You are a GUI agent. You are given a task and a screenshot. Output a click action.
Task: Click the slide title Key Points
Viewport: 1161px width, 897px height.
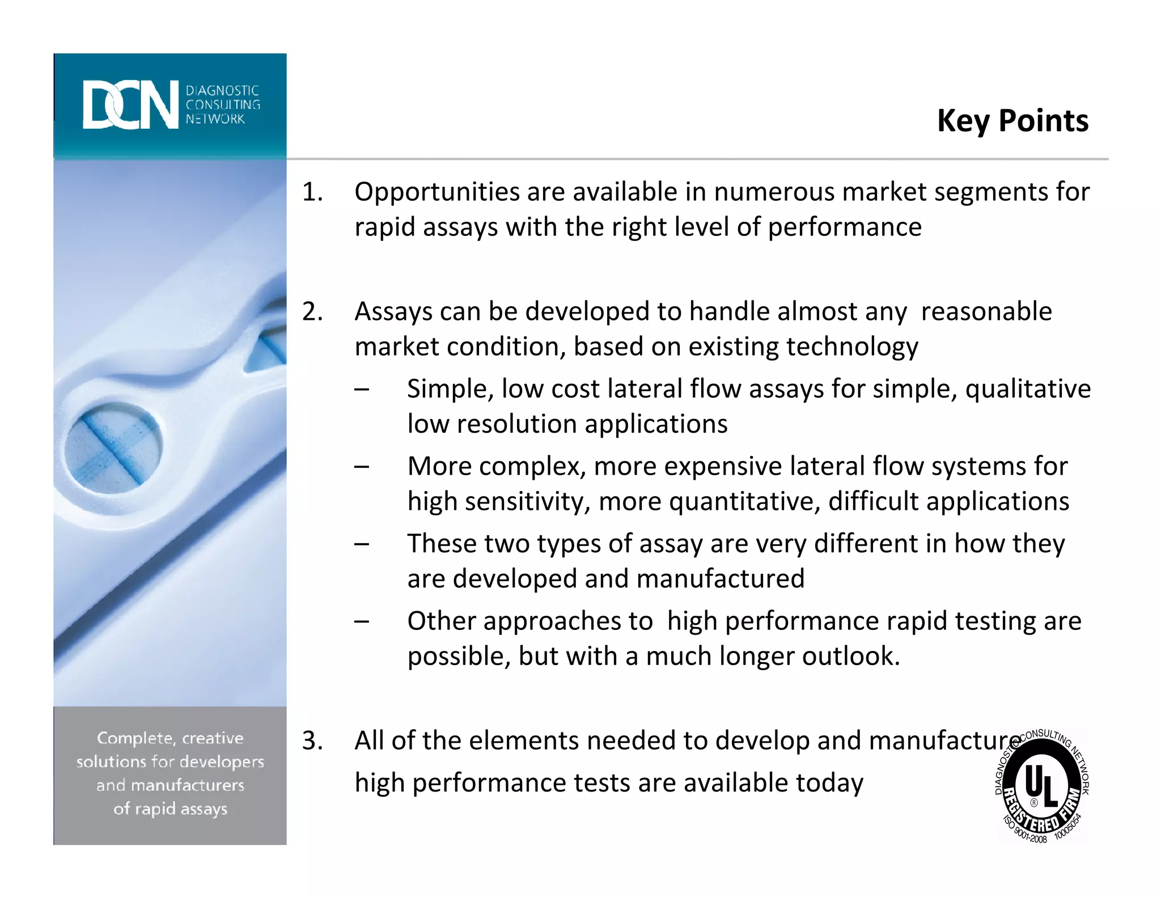pos(1012,121)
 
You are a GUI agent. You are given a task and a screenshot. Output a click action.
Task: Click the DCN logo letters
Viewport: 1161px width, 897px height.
pos(130,105)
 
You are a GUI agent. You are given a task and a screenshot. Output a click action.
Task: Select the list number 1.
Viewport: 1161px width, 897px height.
pos(312,192)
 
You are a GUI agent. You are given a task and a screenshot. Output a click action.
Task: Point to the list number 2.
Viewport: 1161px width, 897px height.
pos(312,312)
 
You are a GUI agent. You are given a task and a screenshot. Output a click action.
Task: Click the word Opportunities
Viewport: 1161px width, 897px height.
pos(436,192)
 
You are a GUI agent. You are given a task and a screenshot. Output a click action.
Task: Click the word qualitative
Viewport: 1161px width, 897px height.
pos(1028,390)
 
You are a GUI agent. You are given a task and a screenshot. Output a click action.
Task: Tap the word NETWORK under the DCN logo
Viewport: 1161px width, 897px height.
pos(215,119)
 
